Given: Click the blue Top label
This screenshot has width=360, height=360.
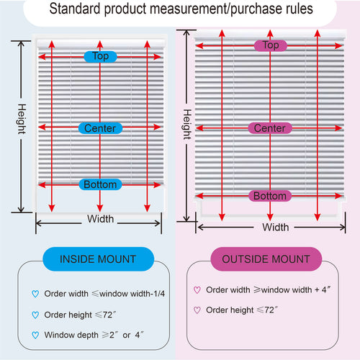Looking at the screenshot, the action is tap(100, 57).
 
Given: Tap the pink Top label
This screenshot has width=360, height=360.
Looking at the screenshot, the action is tap(271, 45).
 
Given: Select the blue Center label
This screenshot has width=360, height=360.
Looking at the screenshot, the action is tap(100, 128).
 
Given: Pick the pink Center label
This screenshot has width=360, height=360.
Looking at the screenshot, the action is tap(270, 128).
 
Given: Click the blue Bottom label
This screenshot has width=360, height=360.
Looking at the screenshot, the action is tap(100, 184).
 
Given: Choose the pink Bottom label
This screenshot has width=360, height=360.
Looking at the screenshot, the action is tap(270, 196).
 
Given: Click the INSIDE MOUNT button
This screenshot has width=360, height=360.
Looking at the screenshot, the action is tap(98, 259).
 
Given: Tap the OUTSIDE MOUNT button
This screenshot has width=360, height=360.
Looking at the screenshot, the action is tap(266, 259).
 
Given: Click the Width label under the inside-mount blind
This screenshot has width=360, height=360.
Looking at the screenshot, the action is tap(100, 219).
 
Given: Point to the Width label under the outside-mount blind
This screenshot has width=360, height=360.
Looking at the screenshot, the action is tap(276, 227).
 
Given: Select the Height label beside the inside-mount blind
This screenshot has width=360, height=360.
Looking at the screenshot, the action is tap(22, 119).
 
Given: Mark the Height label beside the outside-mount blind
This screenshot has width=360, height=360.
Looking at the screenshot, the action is tap(187, 125).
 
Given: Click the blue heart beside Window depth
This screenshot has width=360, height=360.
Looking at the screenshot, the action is tap(35, 335).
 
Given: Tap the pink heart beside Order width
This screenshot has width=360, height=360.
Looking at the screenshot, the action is tap(197, 290).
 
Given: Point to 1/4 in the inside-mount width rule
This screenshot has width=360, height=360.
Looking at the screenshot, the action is tap(159, 294).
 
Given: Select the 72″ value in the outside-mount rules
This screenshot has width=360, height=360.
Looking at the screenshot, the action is tap(271, 310).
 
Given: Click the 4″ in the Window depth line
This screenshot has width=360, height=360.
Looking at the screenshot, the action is tap(139, 335).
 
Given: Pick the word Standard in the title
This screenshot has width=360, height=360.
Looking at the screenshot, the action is tap(75, 9).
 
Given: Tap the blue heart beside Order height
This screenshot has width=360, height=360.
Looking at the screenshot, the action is tap(35, 315).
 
